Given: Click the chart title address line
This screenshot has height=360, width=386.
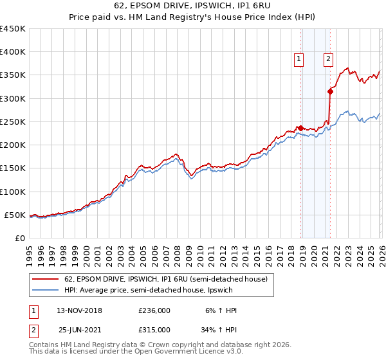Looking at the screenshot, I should [x=193, y=6].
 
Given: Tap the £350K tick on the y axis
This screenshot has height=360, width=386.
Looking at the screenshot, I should [x=12, y=75].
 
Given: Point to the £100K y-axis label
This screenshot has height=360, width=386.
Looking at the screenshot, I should [x=12, y=192].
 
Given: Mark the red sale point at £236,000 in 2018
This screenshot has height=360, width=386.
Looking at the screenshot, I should [x=300, y=128].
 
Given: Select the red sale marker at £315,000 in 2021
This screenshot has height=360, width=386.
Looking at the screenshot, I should [x=330, y=91].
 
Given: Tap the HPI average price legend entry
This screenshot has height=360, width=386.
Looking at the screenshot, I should [x=148, y=291].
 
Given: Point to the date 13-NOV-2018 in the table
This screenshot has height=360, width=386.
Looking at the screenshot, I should [x=79, y=310].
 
